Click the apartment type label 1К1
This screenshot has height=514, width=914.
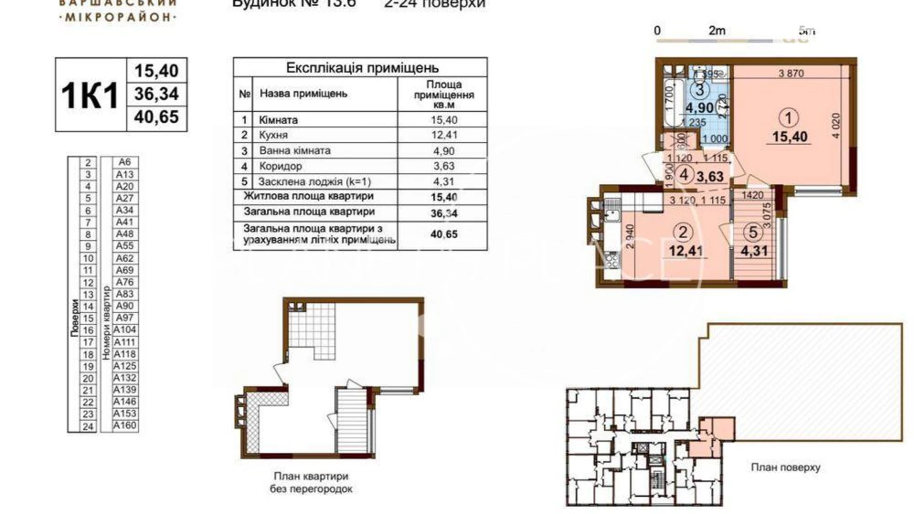coord(90,95)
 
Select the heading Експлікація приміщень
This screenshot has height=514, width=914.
coord(362,68)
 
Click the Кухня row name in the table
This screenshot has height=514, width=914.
coord(273,135)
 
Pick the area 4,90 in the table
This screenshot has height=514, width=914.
coord(443,151)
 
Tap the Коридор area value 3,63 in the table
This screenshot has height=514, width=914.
coord(443,166)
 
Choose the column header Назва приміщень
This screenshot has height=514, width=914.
coord(303,93)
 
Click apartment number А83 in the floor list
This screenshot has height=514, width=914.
coord(125,294)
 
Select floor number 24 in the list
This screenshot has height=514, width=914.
coord(88,427)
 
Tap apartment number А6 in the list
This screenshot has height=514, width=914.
coord(125,162)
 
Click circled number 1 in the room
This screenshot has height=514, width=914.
coord(788,118)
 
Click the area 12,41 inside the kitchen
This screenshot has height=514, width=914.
coord(685,251)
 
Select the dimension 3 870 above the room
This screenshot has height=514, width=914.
coord(791,74)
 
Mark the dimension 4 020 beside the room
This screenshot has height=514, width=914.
coord(835,126)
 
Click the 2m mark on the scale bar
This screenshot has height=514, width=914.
coord(716,31)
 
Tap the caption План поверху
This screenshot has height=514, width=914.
coord(785,467)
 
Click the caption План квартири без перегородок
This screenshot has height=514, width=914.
coord(311,482)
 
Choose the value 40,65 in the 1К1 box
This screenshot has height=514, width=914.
coord(157,117)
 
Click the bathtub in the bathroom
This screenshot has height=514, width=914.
coord(669,101)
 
